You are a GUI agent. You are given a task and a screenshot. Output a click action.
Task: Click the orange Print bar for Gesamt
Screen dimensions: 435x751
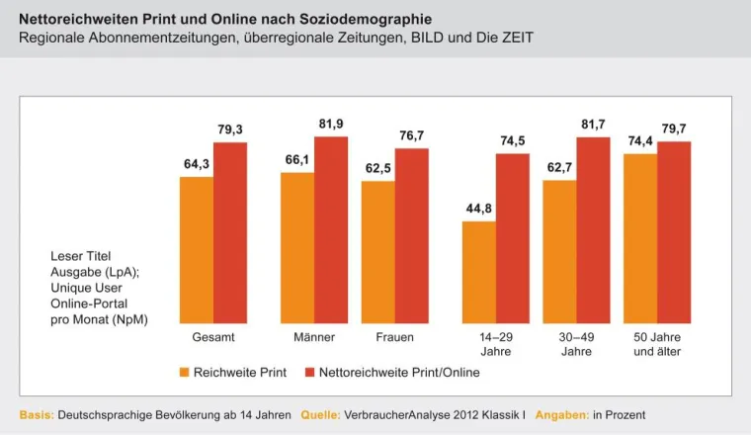(x=197, y=249)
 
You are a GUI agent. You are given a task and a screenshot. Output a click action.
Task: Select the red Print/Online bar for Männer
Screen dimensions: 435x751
(x=331, y=229)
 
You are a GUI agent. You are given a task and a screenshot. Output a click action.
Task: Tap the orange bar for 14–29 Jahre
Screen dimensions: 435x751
(x=478, y=272)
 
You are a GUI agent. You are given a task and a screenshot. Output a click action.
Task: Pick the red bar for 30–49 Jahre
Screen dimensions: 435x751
(x=593, y=229)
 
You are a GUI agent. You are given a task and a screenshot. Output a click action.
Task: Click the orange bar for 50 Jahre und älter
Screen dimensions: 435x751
(x=641, y=238)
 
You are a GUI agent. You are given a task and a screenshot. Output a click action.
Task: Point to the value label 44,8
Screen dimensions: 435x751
(x=478, y=209)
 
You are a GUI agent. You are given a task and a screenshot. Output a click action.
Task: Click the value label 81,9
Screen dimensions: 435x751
(x=331, y=124)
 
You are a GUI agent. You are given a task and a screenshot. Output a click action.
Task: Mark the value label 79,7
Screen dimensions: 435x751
(x=674, y=129)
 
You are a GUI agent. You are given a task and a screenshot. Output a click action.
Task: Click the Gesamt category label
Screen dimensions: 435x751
(x=212, y=338)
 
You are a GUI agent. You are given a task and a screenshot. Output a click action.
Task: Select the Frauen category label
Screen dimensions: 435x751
(x=395, y=338)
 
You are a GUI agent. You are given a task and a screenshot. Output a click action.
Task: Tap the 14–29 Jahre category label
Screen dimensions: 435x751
(x=495, y=344)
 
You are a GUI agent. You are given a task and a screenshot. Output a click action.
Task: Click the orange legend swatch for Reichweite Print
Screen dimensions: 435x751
(x=184, y=373)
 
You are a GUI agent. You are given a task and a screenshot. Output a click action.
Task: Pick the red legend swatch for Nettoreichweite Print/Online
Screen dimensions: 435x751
(x=309, y=373)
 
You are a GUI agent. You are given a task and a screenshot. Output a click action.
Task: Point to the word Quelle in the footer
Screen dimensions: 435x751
(x=320, y=413)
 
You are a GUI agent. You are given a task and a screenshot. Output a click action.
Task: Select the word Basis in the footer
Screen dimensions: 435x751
(x=37, y=413)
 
